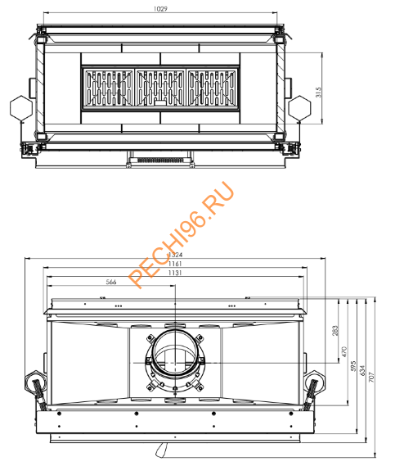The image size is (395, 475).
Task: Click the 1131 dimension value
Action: (x=175, y=274)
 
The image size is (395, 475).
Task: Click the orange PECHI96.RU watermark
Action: (x=181, y=234)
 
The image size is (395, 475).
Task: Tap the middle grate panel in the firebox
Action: (x=160, y=88)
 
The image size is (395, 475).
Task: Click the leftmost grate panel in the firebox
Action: (x=106, y=88)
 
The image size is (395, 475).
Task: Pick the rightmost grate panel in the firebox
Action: (x=213, y=88)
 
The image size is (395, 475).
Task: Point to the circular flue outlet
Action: (x=173, y=357)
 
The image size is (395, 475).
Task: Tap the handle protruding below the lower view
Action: (x=163, y=449)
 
